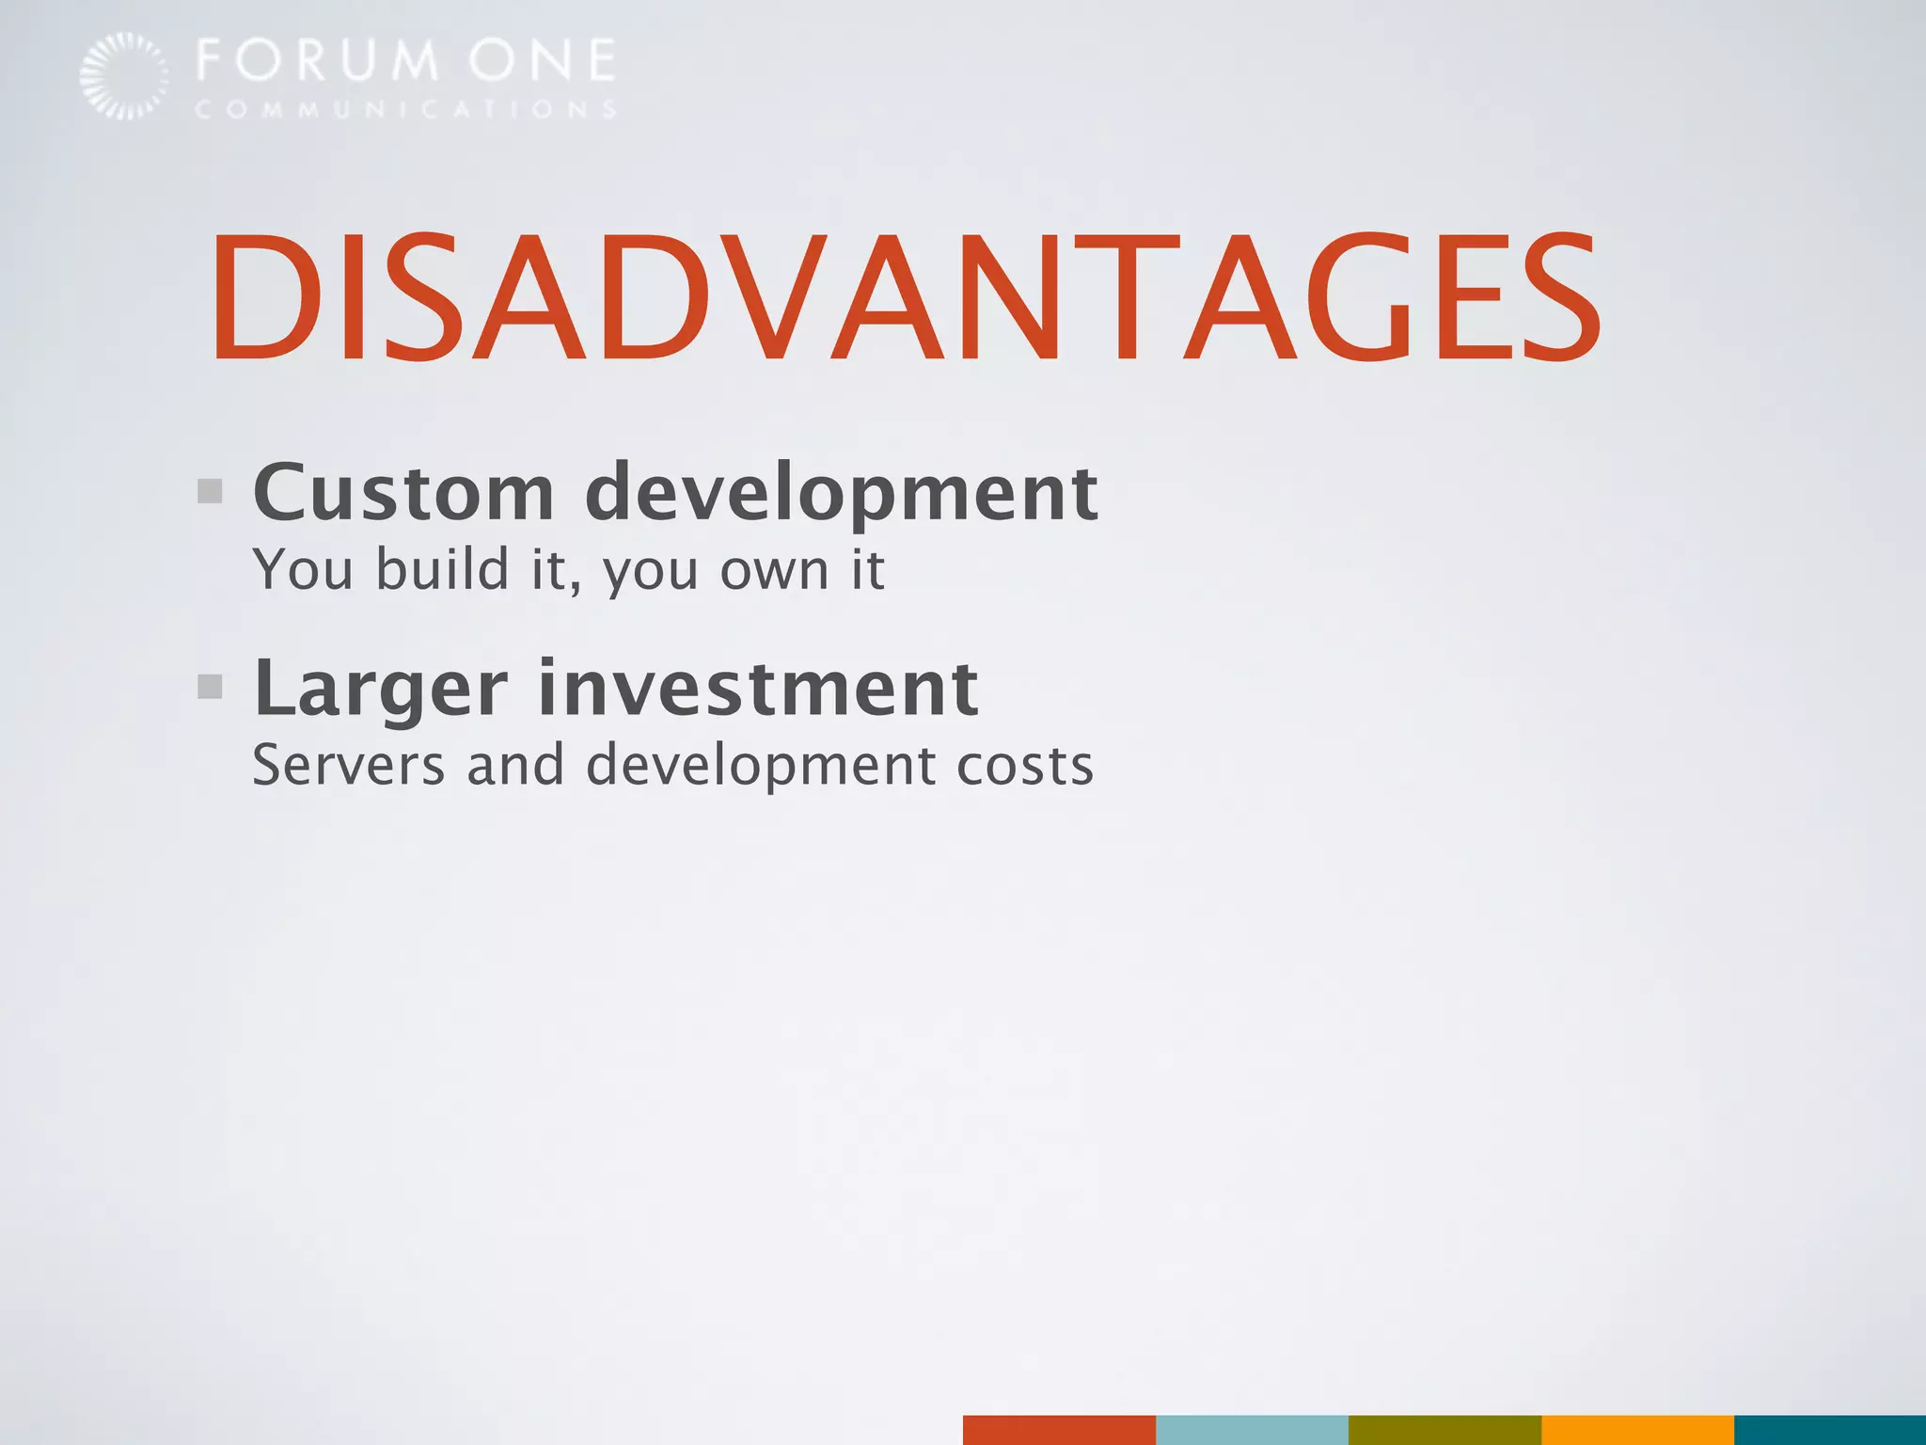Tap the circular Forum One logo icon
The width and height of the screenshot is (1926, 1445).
click(x=123, y=75)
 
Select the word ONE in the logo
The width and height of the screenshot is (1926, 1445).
click(x=543, y=60)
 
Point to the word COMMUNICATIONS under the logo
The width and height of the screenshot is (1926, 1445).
click(x=405, y=109)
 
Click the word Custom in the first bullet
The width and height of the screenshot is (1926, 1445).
click(x=404, y=492)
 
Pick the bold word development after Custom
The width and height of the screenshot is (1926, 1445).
click(x=841, y=494)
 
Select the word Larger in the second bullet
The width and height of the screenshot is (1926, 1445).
click(x=381, y=690)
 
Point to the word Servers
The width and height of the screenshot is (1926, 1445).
click(x=348, y=764)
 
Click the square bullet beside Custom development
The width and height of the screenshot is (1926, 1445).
click(x=210, y=491)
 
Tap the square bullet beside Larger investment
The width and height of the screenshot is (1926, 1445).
click(x=210, y=687)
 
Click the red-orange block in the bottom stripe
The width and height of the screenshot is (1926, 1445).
click(x=1059, y=1429)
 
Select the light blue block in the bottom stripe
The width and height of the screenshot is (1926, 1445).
click(x=1252, y=1429)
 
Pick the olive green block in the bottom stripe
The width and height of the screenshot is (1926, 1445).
click(x=1444, y=1429)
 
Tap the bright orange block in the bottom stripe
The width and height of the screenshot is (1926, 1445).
click(x=1637, y=1429)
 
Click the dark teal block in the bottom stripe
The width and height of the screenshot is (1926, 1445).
click(x=1830, y=1429)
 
